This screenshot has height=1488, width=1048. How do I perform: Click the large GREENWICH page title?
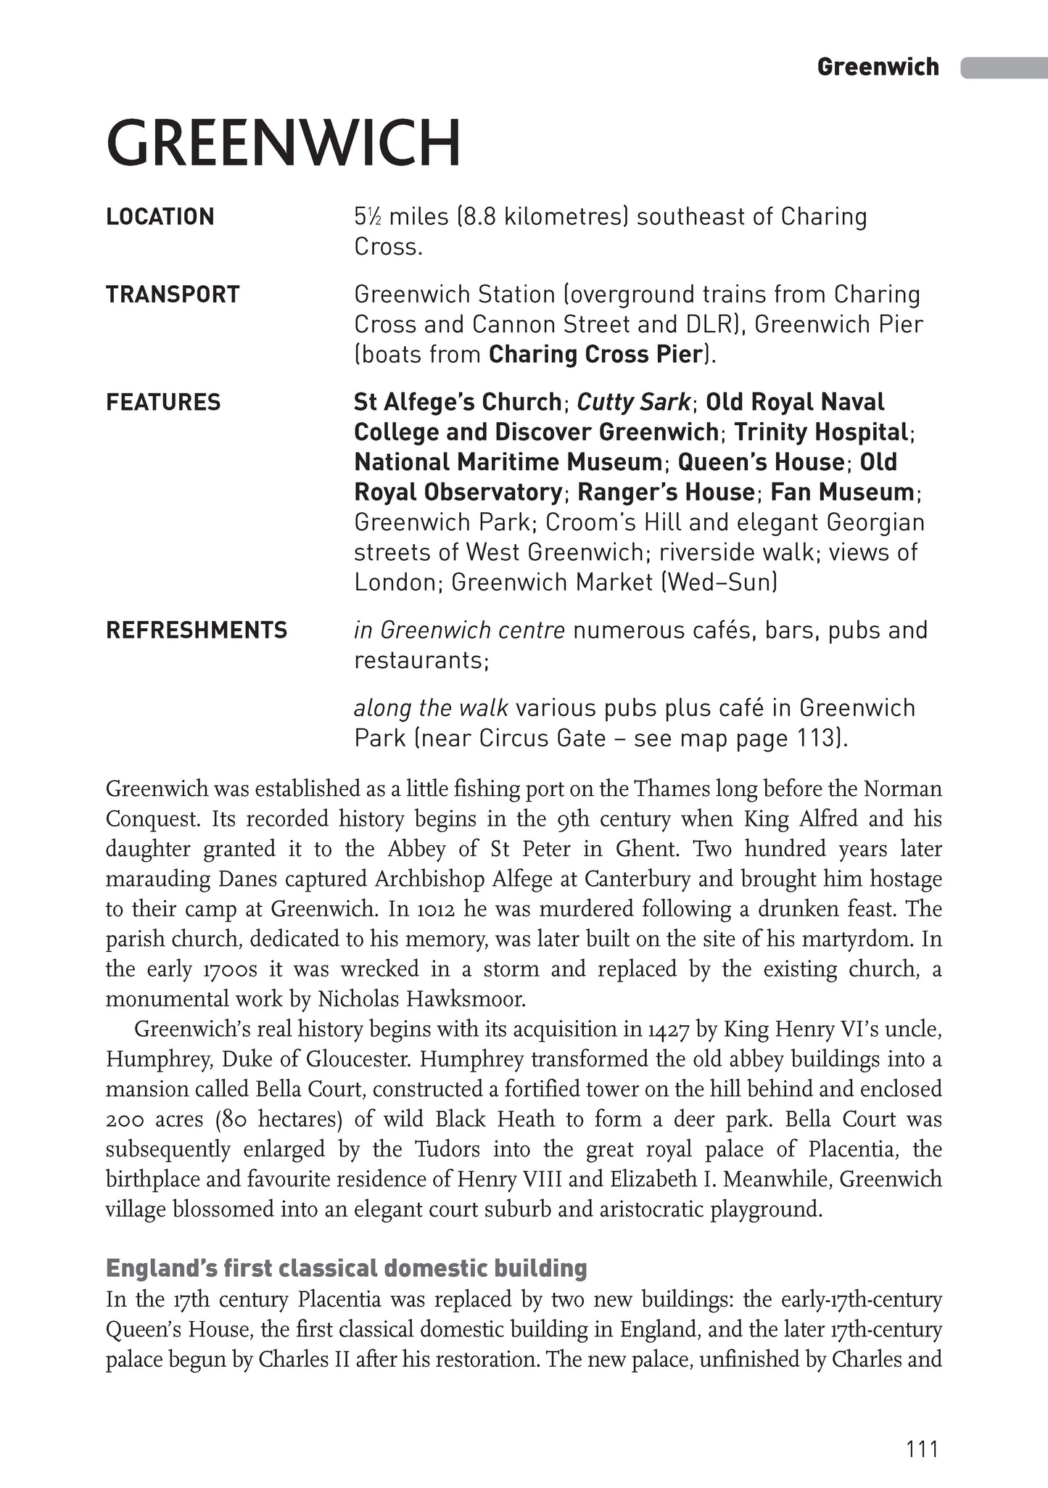click(284, 143)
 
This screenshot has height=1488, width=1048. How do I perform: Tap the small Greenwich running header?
click(878, 67)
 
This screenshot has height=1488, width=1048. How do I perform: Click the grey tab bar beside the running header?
click(1004, 67)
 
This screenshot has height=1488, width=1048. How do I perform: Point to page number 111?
click(923, 1449)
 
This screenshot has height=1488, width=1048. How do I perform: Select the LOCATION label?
click(160, 217)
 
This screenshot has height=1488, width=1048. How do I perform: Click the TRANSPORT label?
click(173, 295)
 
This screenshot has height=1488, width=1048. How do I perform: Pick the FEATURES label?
click(163, 402)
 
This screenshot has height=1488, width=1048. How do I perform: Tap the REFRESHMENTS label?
click(197, 630)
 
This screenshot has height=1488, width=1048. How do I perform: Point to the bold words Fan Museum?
click(841, 492)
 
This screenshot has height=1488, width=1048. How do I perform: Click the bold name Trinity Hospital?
click(821, 432)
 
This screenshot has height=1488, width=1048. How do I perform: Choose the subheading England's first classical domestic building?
click(347, 1268)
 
